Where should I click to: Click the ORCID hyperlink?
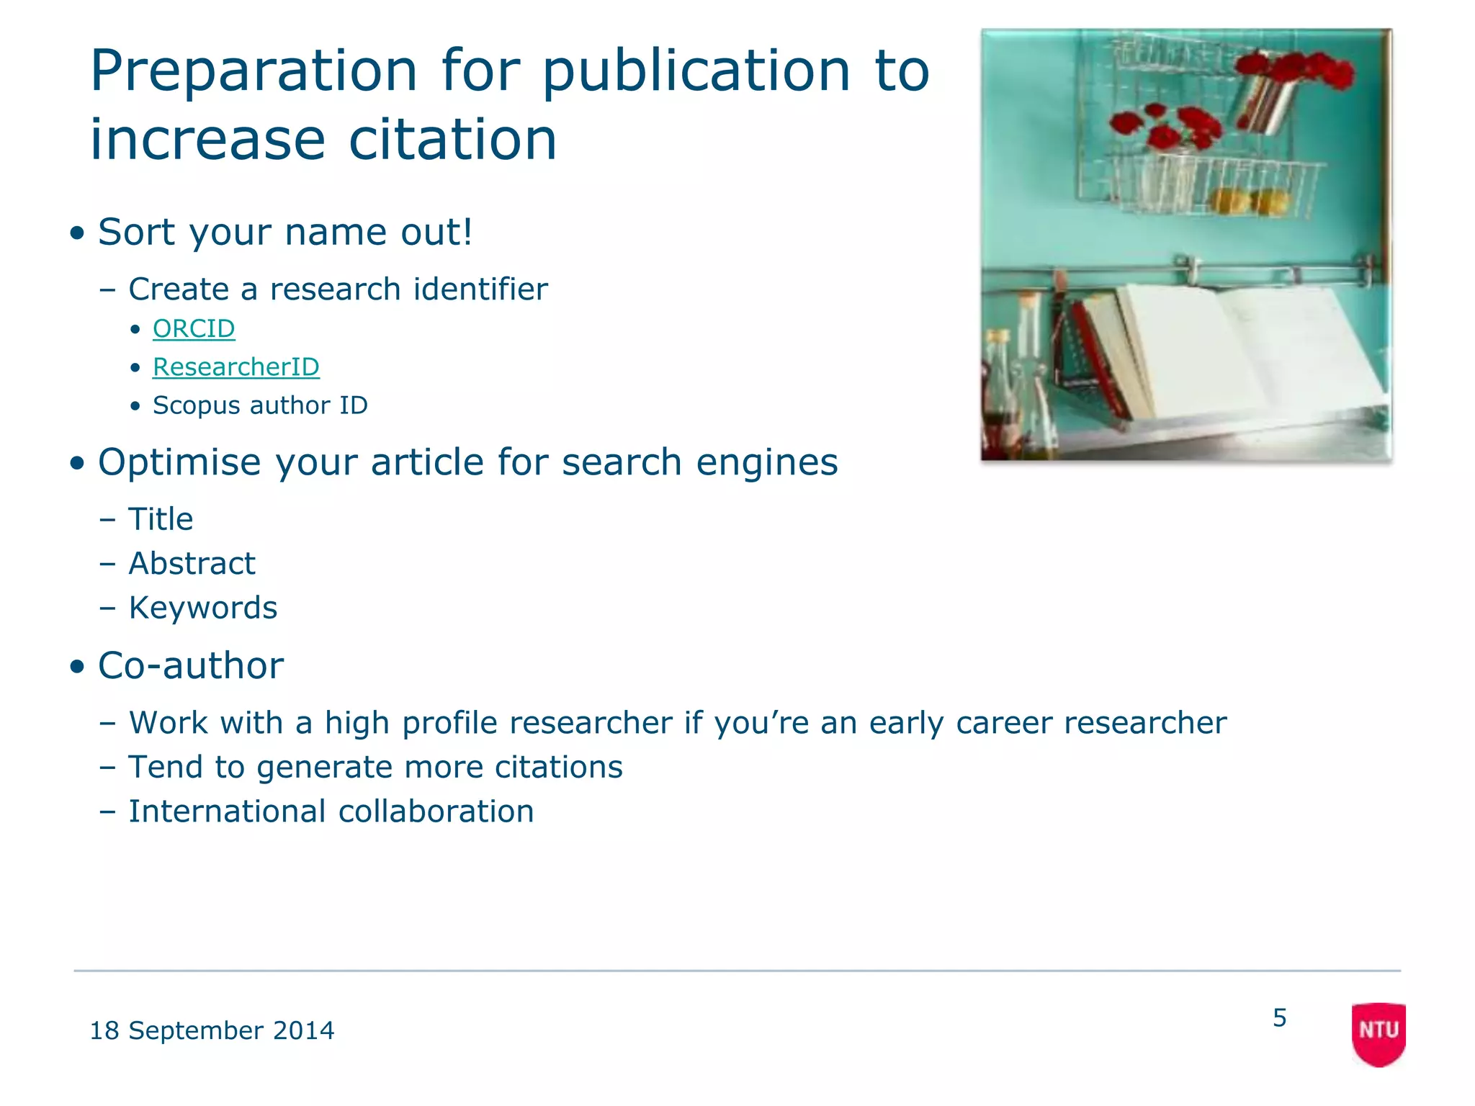tap(194, 328)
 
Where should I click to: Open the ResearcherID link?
tap(236, 367)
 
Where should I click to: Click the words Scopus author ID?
tap(260, 405)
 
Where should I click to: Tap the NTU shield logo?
tap(1378, 1033)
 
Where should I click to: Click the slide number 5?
tap(1279, 1017)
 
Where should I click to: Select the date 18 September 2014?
tap(212, 1030)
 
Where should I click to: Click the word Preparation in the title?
tap(254, 71)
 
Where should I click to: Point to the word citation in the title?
tap(453, 139)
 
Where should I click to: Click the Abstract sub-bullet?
tap(192, 563)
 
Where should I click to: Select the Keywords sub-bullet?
tap(202, 608)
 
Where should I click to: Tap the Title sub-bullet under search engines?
tap(161, 519)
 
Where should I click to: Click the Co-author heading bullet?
tap(191, 665)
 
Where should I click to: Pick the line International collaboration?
tap(331, 811)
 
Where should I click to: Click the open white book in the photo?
tap(1246, 353)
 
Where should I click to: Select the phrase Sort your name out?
tap(285, 232)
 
